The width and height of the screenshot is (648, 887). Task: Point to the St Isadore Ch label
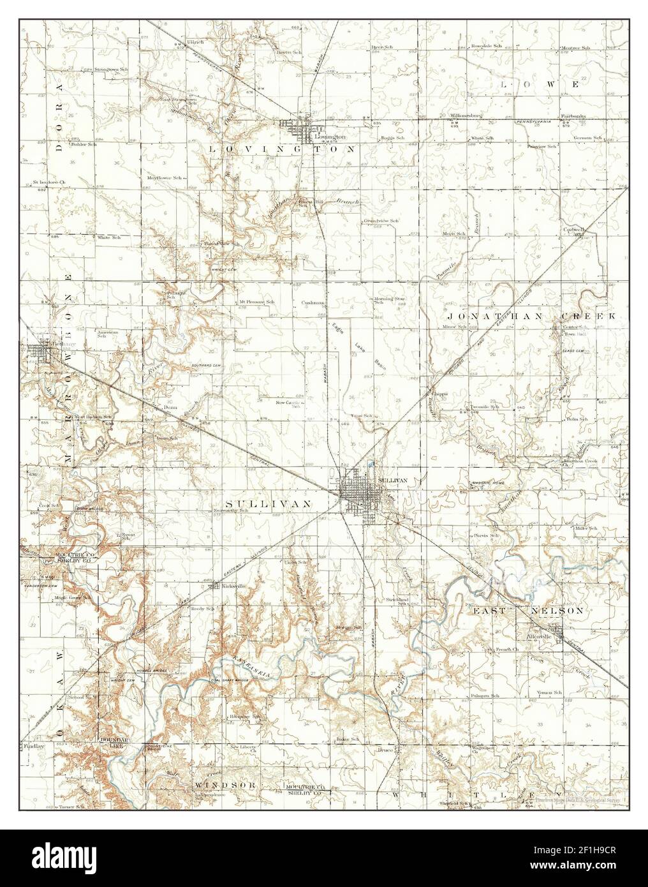(49, 183)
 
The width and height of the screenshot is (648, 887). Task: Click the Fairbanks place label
(573, 116)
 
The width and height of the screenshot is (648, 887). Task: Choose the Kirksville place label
(232, 585)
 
